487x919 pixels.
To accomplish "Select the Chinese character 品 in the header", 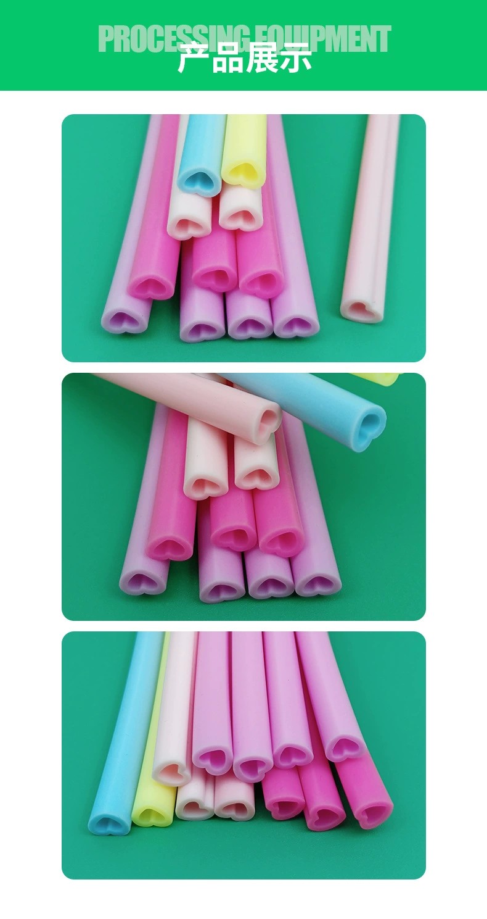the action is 227,57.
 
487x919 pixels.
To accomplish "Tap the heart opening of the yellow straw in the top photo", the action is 243,172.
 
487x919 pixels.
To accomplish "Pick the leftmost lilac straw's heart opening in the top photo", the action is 122,318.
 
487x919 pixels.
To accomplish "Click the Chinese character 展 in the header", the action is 261,57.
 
